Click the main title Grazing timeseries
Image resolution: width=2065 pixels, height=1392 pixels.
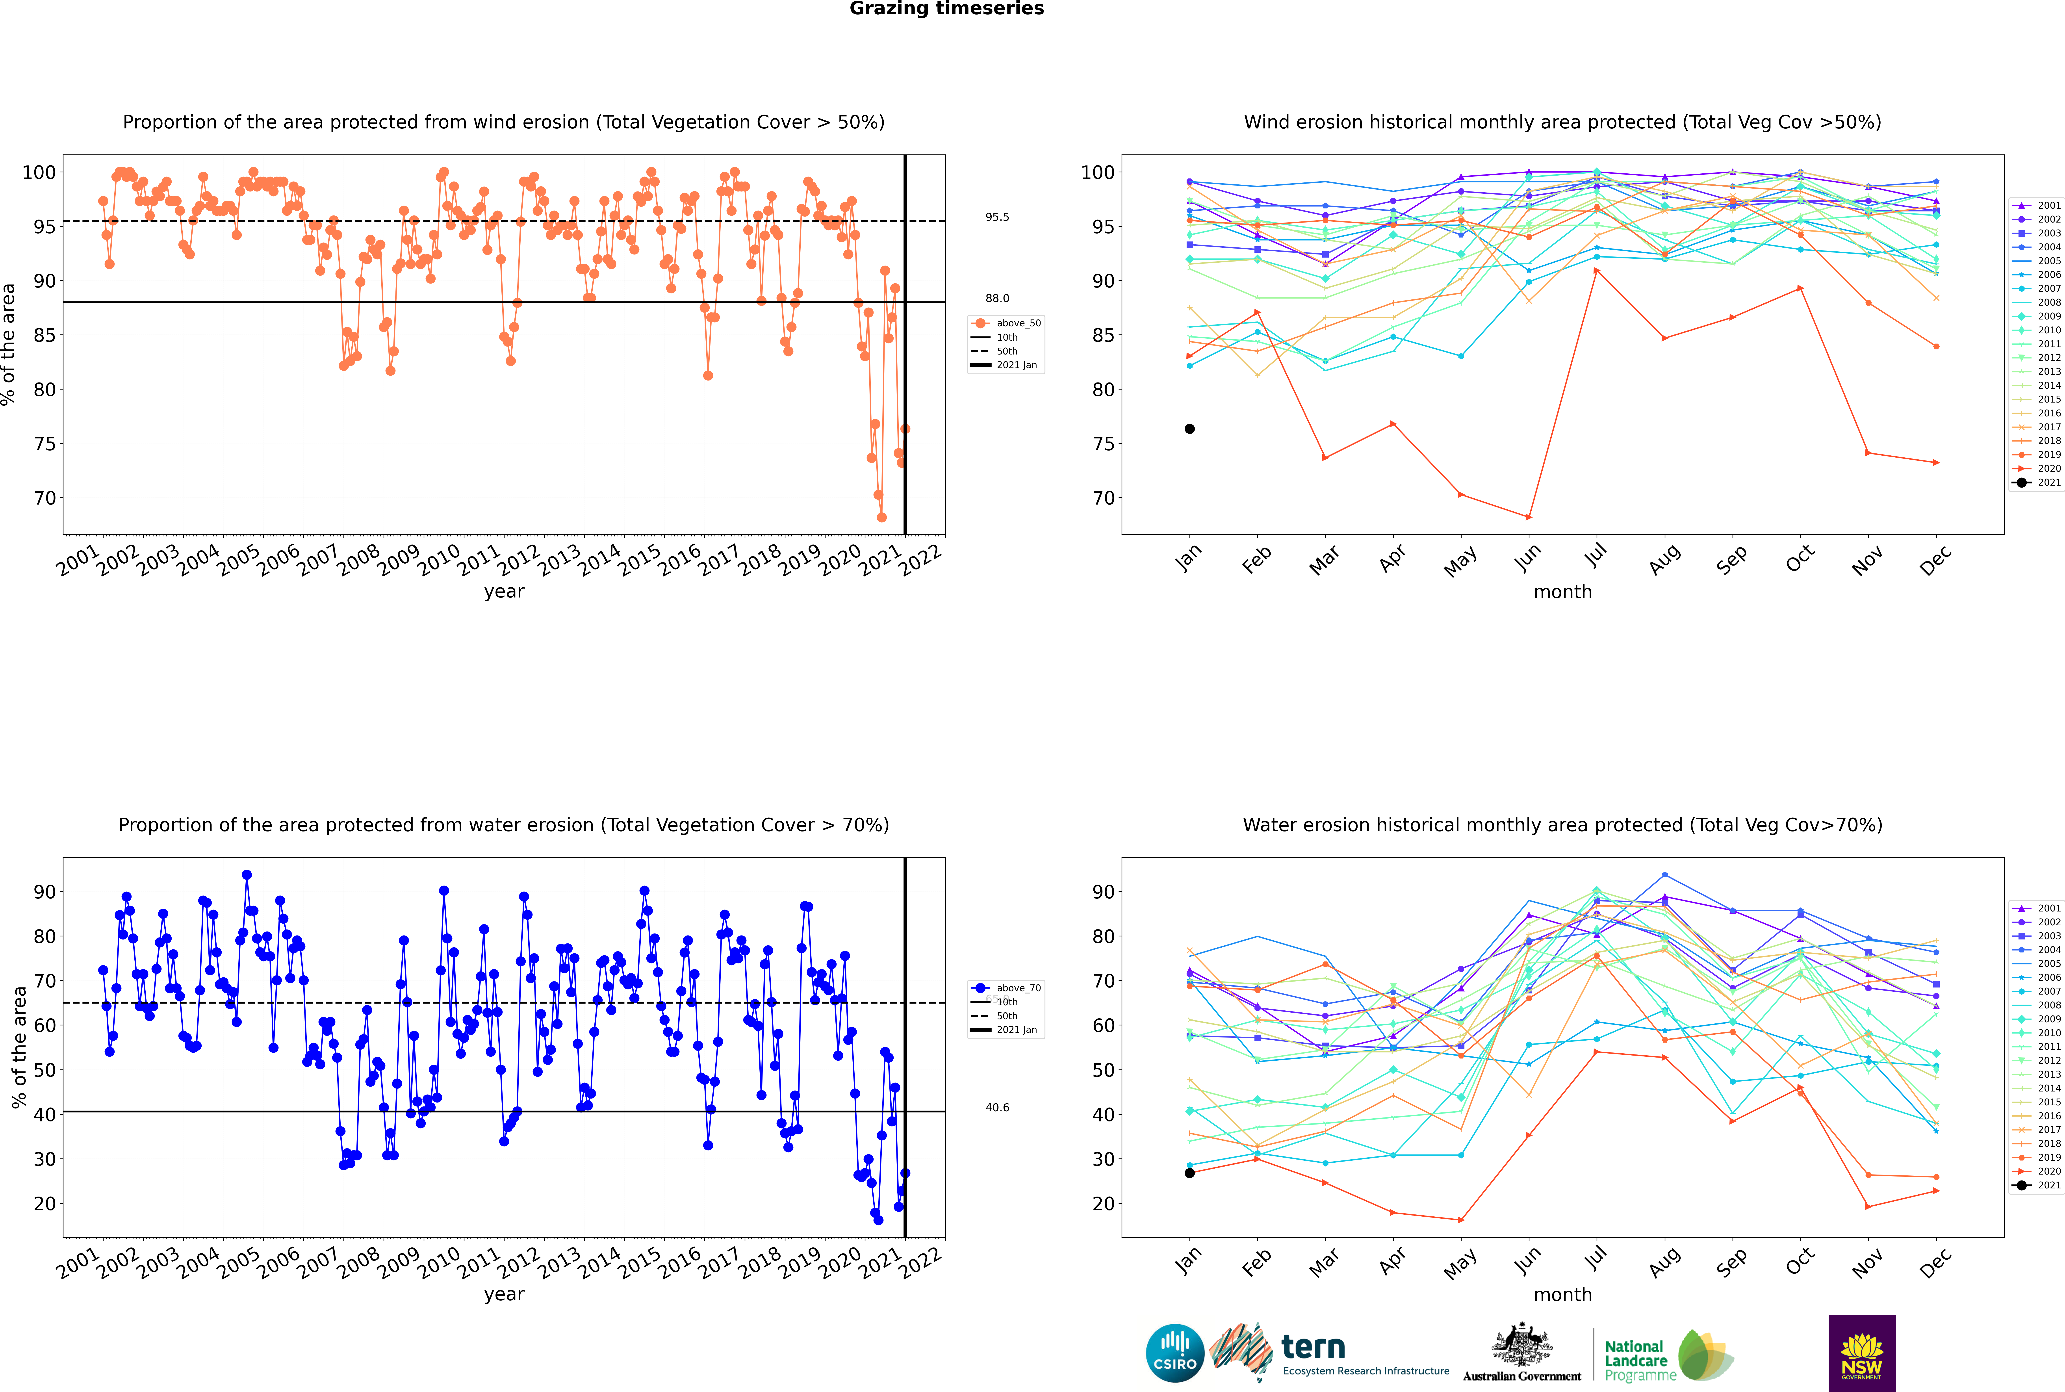946,9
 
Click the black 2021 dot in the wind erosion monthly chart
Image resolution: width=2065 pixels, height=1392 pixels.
1190,429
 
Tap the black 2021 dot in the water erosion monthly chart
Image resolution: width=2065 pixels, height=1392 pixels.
1190,1173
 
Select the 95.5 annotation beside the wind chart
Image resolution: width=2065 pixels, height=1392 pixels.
997,217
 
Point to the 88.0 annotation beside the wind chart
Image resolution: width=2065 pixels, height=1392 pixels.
997,298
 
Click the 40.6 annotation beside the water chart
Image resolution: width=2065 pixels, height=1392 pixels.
997,1107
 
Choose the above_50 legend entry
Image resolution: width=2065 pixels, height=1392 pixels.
1006,323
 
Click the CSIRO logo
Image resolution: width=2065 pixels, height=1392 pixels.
1174,1353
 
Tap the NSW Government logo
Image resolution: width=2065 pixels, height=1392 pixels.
1862,1353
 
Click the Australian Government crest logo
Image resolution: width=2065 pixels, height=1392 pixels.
1522,1353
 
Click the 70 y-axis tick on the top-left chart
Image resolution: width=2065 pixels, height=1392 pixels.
44,498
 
